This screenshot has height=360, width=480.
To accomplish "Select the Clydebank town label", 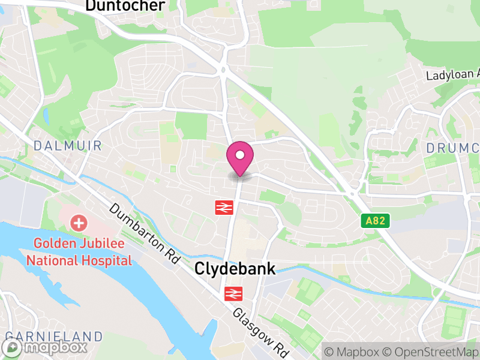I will point(235,269).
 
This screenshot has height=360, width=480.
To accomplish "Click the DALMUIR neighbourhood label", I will point(67,146).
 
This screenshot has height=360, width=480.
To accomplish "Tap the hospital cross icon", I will point(79,224).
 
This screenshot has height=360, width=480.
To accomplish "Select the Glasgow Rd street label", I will point(261,331).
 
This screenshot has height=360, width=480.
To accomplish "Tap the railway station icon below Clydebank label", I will point(232,293).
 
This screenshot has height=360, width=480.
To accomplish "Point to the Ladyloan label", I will point(453,76).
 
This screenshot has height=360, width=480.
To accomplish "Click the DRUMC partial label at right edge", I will point(453,148).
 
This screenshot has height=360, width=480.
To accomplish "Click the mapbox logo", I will point(45,347).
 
